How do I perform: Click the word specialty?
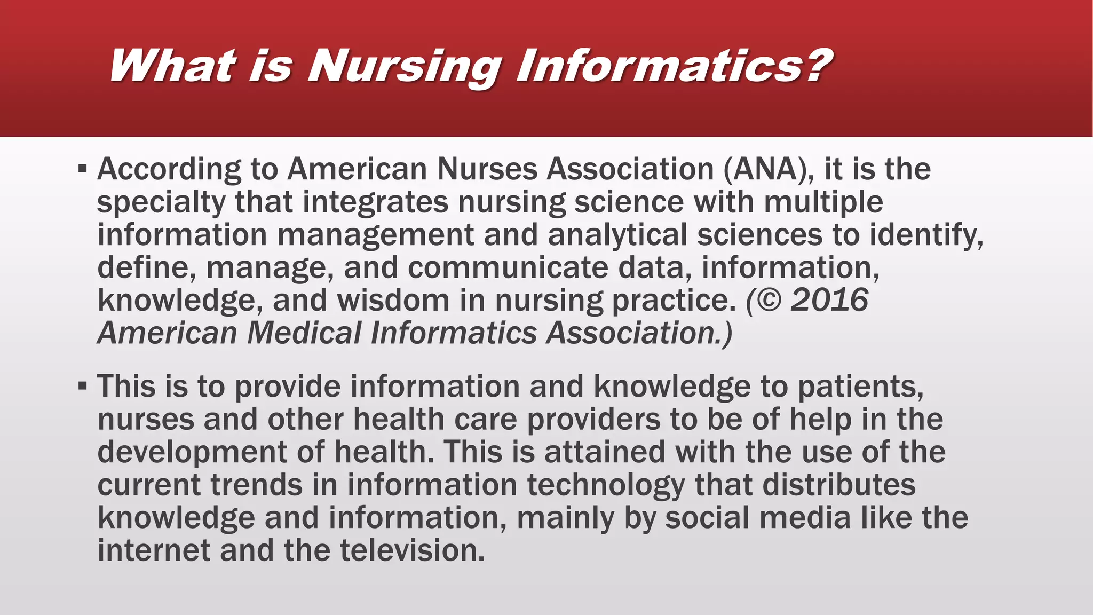[x=161, y=203]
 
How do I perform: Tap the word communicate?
[x=508, y=268]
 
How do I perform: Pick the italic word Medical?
[x=304, y=333]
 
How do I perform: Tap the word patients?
[x=860, y=387]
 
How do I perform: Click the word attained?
[x=605, y=452]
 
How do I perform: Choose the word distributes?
[x=838, y=485]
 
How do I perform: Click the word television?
[x=412, y=550]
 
